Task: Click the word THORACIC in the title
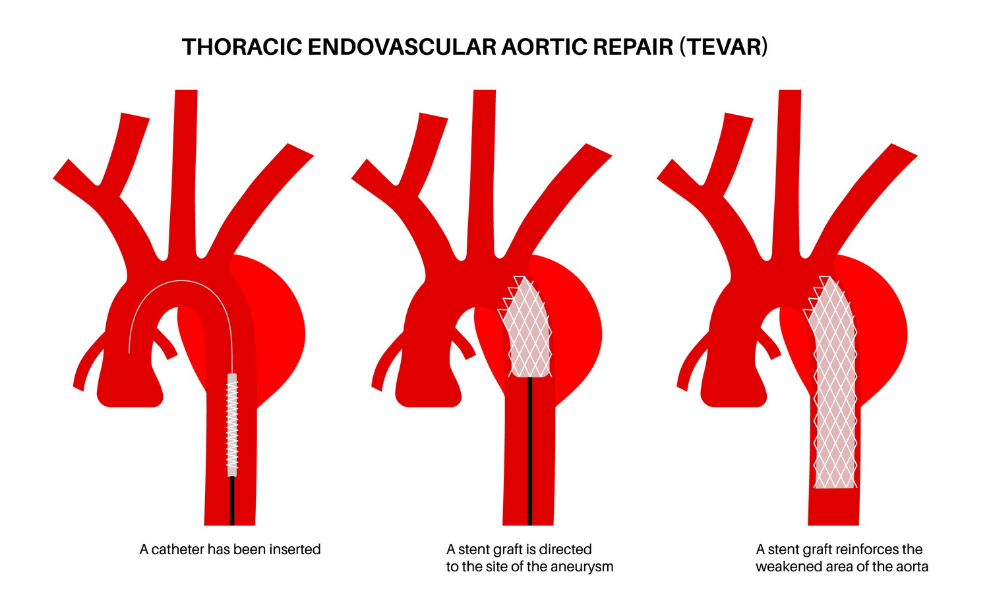tap(241, 47)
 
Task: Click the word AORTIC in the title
tap(543, 47)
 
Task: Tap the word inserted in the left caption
tap(295, 550)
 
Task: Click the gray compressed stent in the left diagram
tap(232, 425)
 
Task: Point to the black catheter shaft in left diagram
tap(232, 501)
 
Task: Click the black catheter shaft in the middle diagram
tap(530, 451)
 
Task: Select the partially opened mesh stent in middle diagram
tap(525, 327)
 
